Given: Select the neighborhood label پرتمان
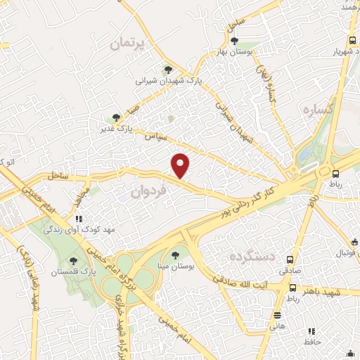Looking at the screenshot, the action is point(130,44).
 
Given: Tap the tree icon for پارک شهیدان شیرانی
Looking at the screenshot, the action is point(167,70).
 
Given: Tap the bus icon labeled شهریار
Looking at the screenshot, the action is point(352,40).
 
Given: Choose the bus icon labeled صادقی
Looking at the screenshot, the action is point(290,259).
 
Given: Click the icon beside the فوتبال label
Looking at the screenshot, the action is point(355,243).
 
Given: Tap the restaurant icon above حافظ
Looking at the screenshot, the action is point(311,331).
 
